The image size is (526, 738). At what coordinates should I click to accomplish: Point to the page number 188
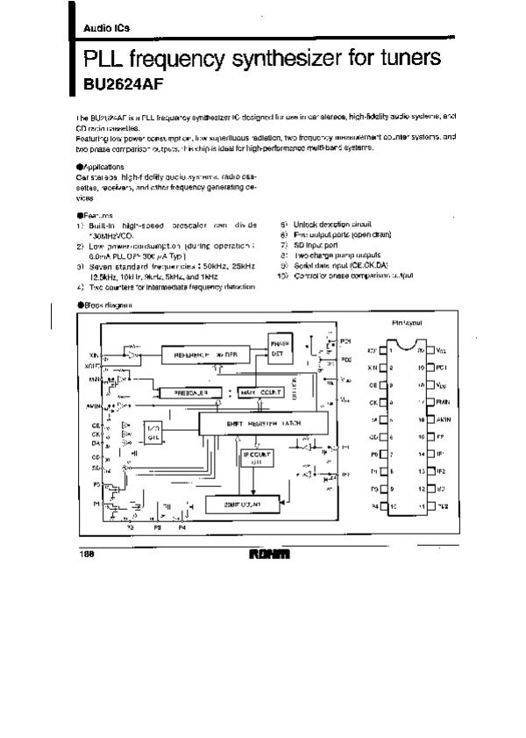(x=87, y=553)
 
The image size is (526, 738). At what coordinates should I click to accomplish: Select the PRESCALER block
(x=191, y=393)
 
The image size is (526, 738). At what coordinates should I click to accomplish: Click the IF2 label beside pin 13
(x=441, y=471)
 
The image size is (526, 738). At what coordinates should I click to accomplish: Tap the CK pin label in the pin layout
(x=373, y=403)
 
